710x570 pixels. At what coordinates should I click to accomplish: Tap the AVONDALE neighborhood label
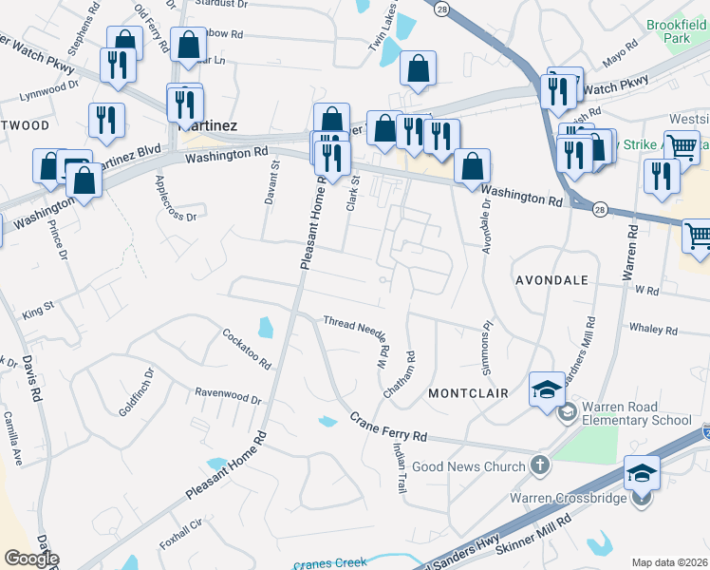551,281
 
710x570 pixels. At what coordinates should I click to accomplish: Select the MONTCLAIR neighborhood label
468,392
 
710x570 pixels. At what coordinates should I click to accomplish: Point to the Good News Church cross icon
539,465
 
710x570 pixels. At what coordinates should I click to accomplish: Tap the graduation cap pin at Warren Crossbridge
642,473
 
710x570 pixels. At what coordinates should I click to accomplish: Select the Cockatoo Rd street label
246,349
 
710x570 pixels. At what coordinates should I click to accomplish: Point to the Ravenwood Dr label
227,395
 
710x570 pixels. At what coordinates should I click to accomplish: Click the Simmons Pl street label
486,337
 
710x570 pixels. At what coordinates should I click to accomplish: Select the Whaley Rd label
653,330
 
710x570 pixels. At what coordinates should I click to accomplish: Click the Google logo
31,559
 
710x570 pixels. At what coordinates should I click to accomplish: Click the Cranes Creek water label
330,563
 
